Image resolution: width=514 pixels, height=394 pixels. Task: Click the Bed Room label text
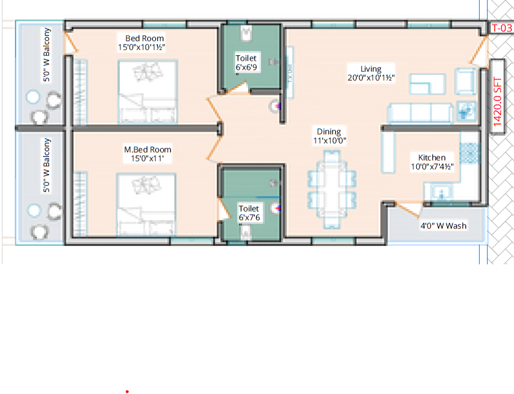pyautogui.click(x=141, y=38)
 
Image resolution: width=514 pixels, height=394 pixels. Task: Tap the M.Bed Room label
pyautogui.click(x=147, y=149)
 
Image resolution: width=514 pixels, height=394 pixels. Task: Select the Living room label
pyautogui.click(x=370, y=69)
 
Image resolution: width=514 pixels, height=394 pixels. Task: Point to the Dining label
pyautogui.click(x=329, y=132)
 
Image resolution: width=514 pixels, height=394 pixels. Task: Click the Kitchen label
pyautogui.click(x=432, y=157)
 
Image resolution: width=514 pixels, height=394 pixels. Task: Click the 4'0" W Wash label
pyautogui.click(x=443, y=226)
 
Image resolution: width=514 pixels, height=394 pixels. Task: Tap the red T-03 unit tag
pyautogui.click(x=500, y=28)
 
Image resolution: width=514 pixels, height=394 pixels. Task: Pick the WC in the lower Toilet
pyautogui.click(x=247, y=232)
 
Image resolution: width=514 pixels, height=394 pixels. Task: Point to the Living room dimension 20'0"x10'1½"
pyautogui.click(x=370, y=77)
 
